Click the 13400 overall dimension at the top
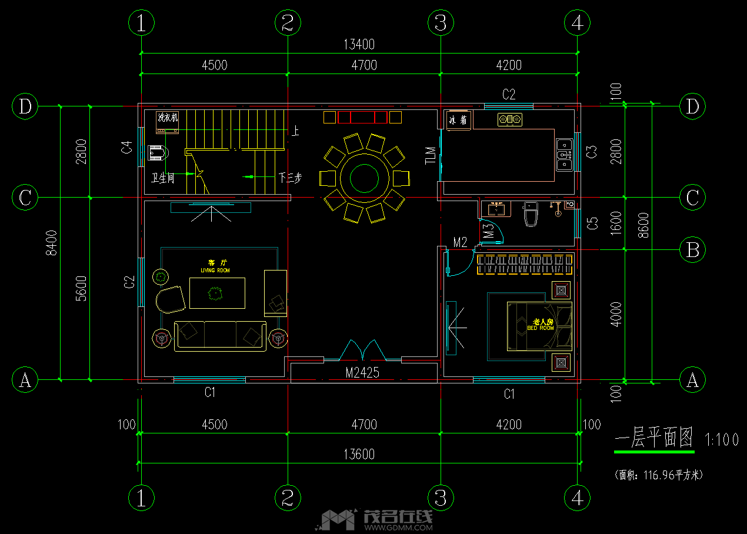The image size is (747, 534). point(358,44)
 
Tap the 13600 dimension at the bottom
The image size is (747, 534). point(358,454)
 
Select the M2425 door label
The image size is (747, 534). point(362,372)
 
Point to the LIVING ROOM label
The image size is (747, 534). point(215,270)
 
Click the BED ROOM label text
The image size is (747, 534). point(541,328)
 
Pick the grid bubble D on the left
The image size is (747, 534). point(25,107)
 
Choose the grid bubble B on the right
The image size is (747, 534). point(692,250)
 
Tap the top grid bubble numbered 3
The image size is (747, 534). point(441,23)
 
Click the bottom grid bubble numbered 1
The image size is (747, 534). point(141,498)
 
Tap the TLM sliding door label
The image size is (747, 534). point(431,155)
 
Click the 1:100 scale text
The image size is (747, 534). point(721,440)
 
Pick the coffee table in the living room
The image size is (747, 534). point(217,293)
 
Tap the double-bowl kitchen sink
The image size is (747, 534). point(564,154)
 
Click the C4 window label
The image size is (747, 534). point(126,148)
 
